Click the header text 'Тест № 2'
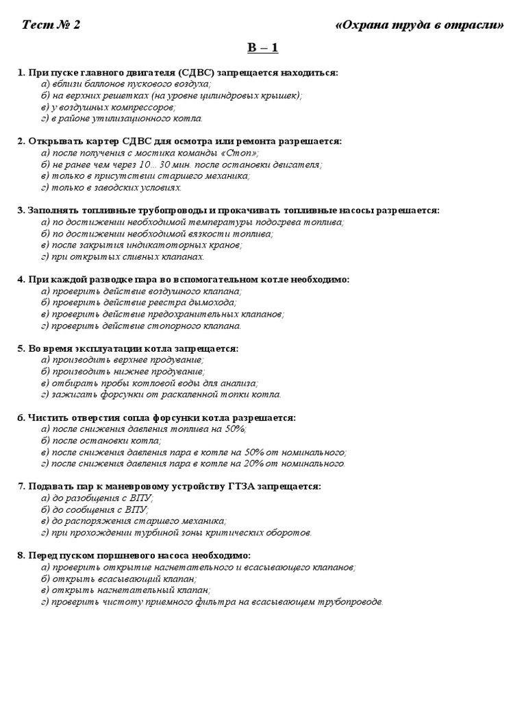click(x=51, y=25)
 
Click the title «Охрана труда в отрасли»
click(x=420, y=25)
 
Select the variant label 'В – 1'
click(x=263, y=48)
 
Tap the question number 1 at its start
click(x=21, y=72)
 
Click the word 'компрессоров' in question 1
click(x=145, y=107)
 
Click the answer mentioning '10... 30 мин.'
click(x=181, y=165)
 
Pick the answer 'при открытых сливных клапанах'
click(x=123, y=257)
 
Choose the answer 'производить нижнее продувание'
click(x=123, y=372)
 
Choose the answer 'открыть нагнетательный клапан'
click(x=125, y=590)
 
